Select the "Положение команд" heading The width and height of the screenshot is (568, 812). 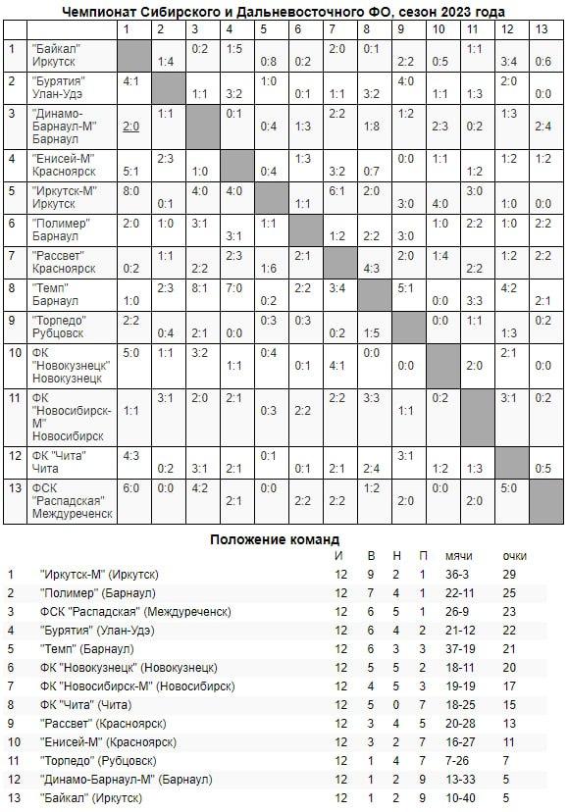pyautogui.click(x=276, y=538)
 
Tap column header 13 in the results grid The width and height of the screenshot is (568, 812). pyautogui.click(x=542, y=29)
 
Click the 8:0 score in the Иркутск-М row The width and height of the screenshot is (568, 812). pyautogui.click(x=131, y=190)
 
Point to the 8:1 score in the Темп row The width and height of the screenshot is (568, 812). pyautogui.click(x=200, y=288)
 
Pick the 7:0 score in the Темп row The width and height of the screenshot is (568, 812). pyautogui.click(x=233, y=288)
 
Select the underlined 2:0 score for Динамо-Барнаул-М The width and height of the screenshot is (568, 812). pyautogui.click(x=131, y=127)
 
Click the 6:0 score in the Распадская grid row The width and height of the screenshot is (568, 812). pyautogui.click(x=131, y=487)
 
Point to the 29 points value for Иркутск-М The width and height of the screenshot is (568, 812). pyautogui.click(x=509, y=575)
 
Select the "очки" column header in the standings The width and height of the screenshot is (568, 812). pyautogui.click(x=513, y=556)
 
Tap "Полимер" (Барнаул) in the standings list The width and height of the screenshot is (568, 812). pyautogui.click(x=96, y=593)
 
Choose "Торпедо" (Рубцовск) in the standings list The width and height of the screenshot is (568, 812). pyautogui.click(x=99, y=761)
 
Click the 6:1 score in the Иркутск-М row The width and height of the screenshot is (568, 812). pyautogui.click(x=336, y=190)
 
